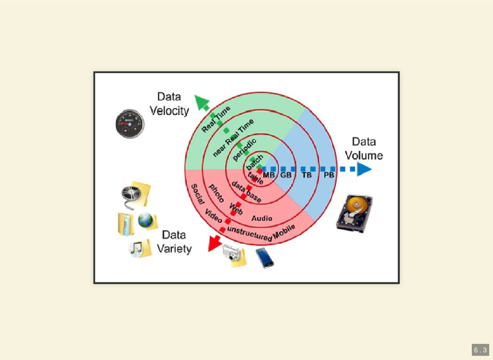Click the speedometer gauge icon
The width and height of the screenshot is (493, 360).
[130, 124]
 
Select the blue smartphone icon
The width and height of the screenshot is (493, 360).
[264, 257]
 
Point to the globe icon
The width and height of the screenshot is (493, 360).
[145, 221]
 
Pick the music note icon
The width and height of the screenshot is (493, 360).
[136, 248]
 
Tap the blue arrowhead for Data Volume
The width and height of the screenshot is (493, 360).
[364, 169]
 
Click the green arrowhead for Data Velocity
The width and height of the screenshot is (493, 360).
[201, 102]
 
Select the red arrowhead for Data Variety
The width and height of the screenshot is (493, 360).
[212, 245]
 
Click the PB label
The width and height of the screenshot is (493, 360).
[329, 175]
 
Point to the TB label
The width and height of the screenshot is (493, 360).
[307, 175]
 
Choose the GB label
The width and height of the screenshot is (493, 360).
[286, 175]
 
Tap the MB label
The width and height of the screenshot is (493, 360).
[269, 175]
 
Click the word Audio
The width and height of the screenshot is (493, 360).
[262, 218]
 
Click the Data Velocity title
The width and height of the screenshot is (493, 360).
[169, 104]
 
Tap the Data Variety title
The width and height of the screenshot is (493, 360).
[174, 242]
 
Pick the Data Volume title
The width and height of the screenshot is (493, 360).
[364, 148]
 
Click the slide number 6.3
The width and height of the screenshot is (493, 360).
[480, 350]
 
